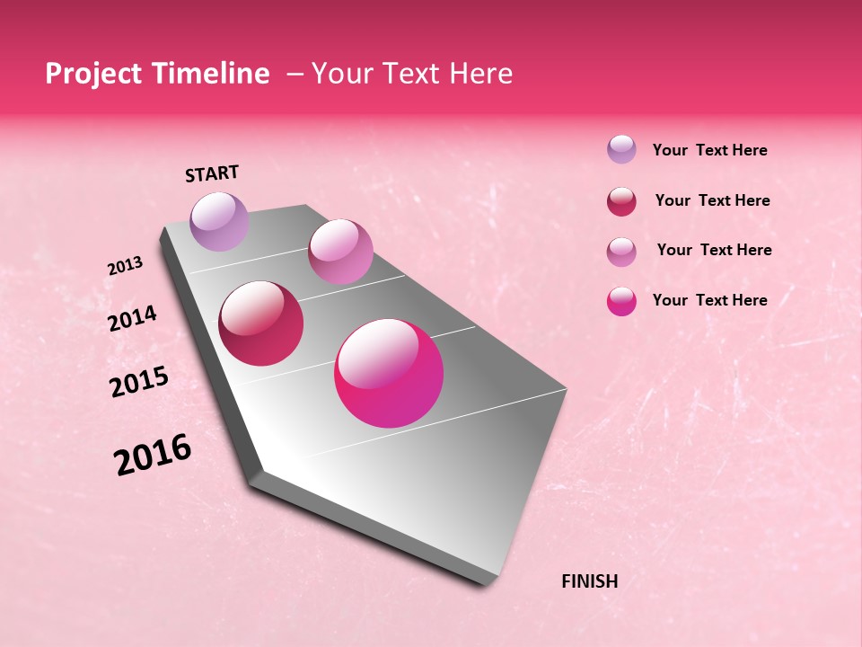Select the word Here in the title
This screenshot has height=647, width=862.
pos(480,74)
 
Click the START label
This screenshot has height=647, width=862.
pos(212,173)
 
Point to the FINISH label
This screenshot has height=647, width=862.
pos(589,581)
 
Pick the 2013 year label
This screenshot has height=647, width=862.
pos(125,266)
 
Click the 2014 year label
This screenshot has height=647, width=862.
pos(132,319)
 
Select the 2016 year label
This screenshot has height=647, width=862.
pos(153,455)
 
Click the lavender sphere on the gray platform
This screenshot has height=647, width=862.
pos(220,221)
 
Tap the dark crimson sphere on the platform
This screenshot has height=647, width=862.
pos(261,323)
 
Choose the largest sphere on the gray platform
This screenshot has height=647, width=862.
pos(389,373)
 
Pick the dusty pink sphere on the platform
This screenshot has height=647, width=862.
pos(340,252)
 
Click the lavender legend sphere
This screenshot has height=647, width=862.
pos(621,149)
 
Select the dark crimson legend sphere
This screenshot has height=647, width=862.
pos(621,201)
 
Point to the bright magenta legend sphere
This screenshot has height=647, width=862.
pos(621,301)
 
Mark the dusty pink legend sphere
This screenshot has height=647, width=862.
pos(621,252)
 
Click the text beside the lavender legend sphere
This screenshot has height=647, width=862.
pos(709,151)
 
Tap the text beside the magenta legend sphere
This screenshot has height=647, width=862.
pos(709,300)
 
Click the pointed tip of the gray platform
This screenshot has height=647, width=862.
pos(489,582)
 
